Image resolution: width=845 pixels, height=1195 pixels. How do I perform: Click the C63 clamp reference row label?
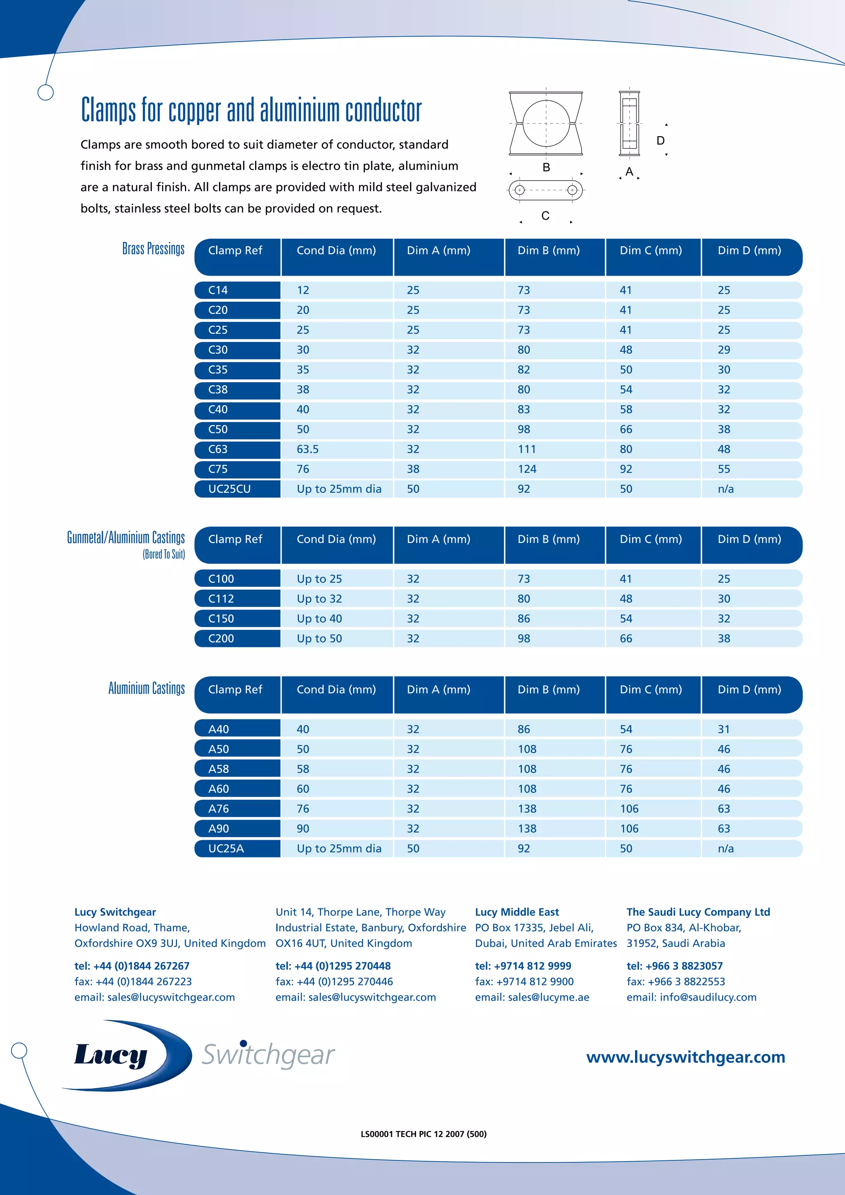click(218, 449)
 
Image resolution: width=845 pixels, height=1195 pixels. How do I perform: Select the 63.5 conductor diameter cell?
click(307, 449)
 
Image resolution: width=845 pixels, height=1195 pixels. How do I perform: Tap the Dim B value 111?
click(526, 449)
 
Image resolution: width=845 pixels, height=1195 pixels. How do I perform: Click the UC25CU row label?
click(229, 489)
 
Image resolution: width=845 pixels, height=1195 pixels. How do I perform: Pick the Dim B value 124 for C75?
click(526, 469)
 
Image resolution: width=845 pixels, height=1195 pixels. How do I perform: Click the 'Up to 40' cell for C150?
click(319, 618)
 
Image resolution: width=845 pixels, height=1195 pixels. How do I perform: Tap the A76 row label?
click(219, 808)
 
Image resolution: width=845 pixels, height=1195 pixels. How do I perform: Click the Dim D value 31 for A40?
click(723, 729)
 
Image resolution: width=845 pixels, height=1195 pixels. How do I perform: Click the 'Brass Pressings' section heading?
click(153, 249)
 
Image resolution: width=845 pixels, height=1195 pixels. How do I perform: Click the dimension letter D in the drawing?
click(660, 141)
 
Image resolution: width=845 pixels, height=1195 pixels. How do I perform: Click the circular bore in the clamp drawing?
click(545, 123)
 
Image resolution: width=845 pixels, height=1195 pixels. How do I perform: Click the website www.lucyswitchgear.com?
click(685, 1057)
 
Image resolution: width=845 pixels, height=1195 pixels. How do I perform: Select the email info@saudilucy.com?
click(708, 997)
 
